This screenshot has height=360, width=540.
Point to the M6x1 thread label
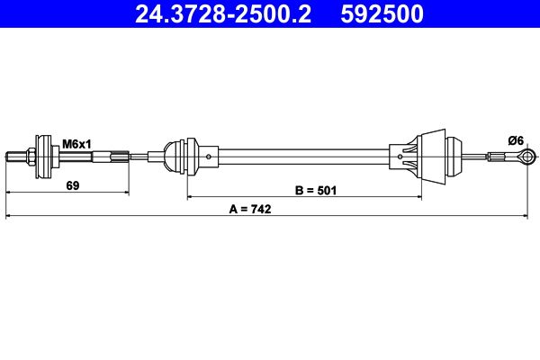(76, 141)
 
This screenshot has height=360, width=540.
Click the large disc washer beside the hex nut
(41, 158)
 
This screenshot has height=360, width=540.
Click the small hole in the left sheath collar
(209, 158)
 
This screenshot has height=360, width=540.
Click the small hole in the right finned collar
(392, 158)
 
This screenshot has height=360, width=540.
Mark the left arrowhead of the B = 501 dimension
(191, 196)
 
